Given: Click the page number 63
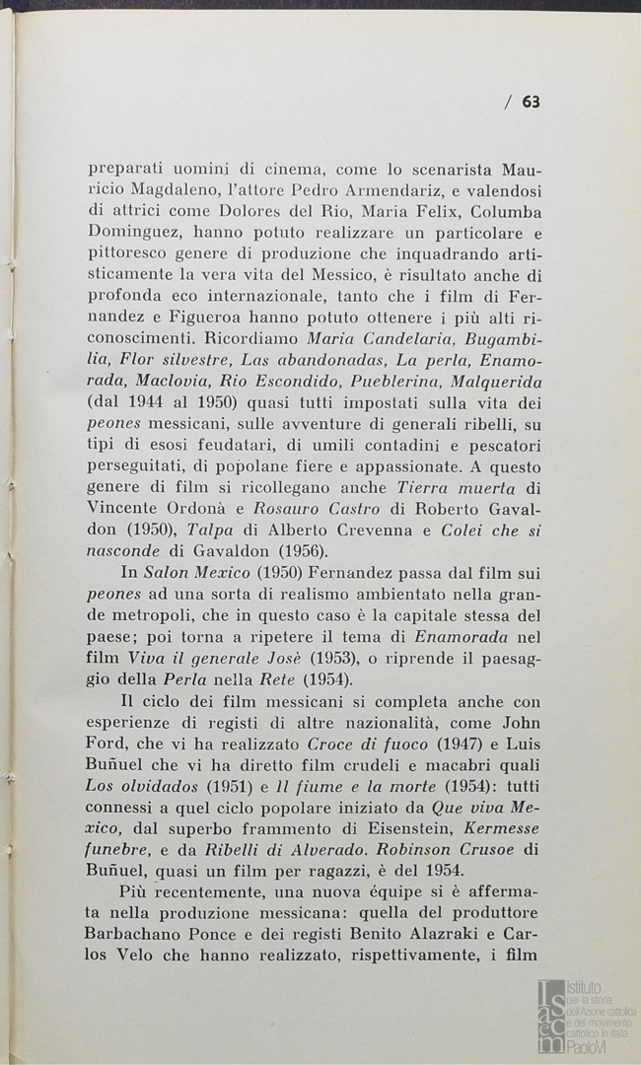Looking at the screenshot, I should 531,102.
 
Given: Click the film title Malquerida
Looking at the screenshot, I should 491,380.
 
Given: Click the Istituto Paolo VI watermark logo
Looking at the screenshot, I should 586,1016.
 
